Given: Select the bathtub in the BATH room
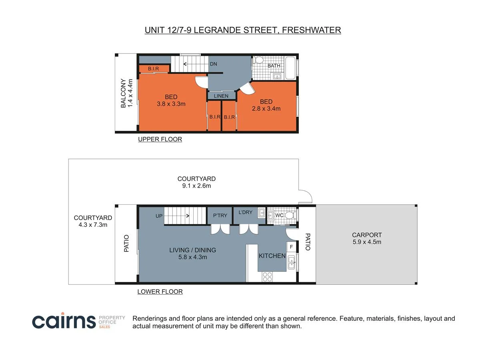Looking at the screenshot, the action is pyautogui.click(x=291, y=68).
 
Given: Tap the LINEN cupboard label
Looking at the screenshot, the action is pyautogui.click(x=221, y=96).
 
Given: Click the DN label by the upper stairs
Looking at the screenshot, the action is pyautogui.click(x=213, y=64).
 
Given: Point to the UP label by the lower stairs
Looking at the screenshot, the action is pyautogui.click(x=159, y=216).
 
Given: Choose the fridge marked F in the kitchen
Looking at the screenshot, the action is pyautogui.click(x=291, y=247).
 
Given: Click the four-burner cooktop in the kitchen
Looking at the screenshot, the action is pyautogui.click(x=267, y=277).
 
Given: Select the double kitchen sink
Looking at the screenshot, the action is pyautogui.click(x=291, y=262).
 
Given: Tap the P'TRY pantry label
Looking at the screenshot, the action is pyautogui.click(x=220, y=216).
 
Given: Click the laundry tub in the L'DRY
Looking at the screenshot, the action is pyautogui.click(x=262, y=212).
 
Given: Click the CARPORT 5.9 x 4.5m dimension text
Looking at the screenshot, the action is pyautogui.click(x=367, y=242).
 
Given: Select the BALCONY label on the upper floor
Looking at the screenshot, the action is pyautogui.click(x=123, y=93).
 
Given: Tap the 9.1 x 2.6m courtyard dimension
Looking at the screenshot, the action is pyautogui.click(x=196, y=186).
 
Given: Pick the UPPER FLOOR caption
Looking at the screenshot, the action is pyautogui.click(x=160, y=139).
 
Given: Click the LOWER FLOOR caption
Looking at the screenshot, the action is pyautogui.click(x=160, y=292).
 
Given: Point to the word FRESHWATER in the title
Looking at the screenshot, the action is pyautogui.click(x=311, y=30).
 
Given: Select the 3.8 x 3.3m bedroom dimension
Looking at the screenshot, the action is pyautogui.click(x=171, y=104).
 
